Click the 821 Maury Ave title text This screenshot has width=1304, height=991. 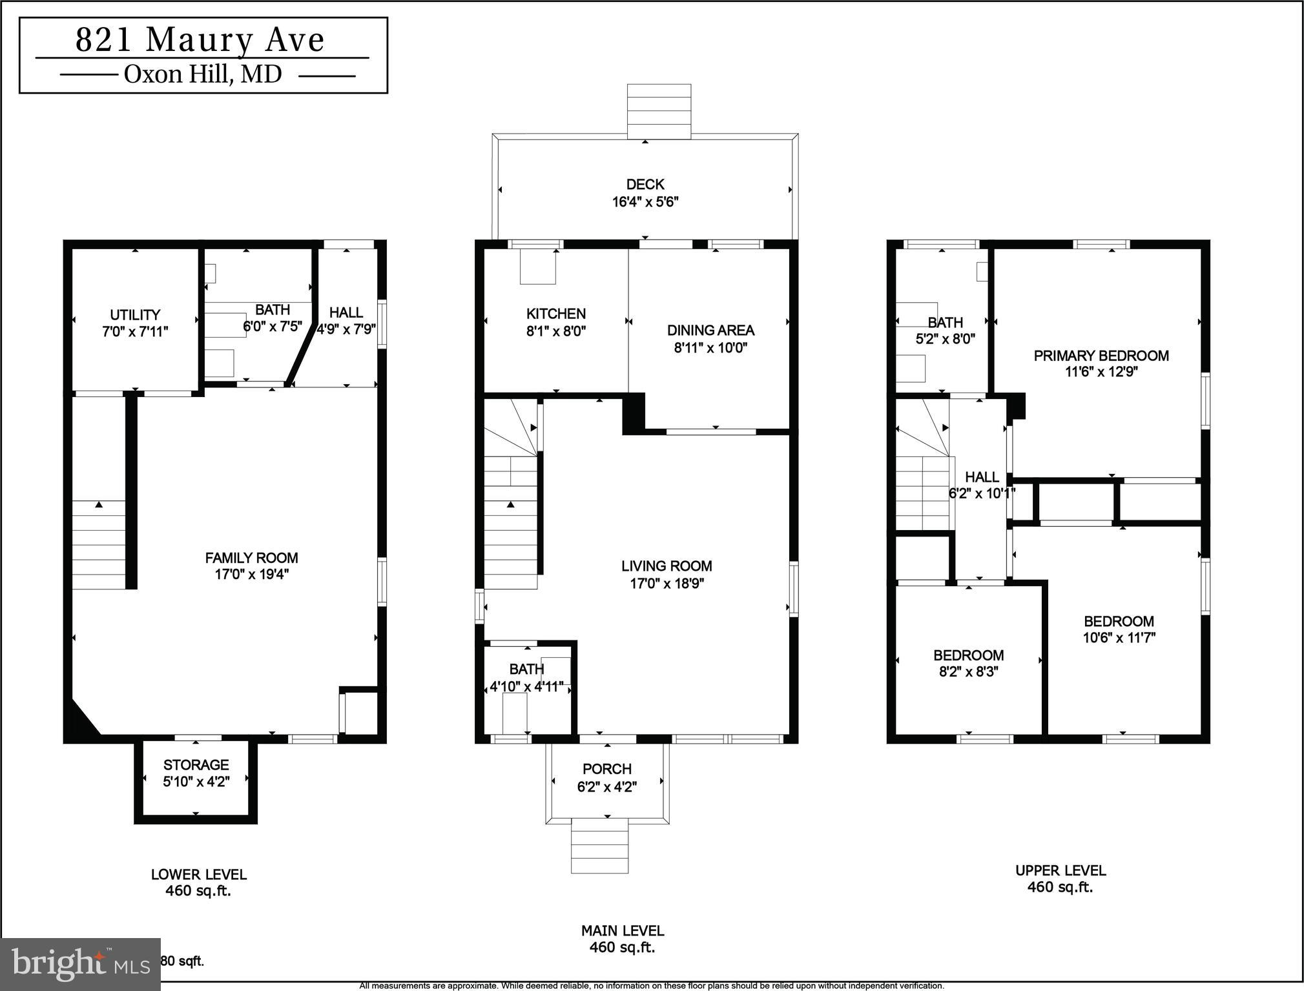click(200, 40)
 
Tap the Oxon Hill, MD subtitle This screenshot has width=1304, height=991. click(203, 75)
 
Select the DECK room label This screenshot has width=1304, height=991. click(645, 185)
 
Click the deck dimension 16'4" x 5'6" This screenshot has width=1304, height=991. click(645, 202)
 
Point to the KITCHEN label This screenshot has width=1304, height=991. click(555, 314)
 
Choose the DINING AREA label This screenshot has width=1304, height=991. click(710, 331)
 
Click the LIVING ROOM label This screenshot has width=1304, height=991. click(666, 566)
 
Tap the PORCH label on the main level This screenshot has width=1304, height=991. click(606, 769)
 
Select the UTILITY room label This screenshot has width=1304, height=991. click(134, 315)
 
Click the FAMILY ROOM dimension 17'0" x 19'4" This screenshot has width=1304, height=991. click(251, 575)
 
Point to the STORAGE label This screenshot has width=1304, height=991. click(196, 765)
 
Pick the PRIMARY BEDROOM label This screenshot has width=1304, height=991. click(1101, 356)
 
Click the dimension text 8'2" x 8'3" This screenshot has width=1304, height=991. click(968, 671)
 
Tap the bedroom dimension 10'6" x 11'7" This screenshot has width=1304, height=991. click(1119, 638)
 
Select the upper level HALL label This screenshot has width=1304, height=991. click(982, 477)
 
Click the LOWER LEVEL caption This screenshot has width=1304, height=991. click(198, 875)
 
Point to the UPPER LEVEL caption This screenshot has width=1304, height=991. click(1060, 870)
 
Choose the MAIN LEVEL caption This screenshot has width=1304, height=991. click(622, 931)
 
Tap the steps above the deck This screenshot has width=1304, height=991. click(659, 110)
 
